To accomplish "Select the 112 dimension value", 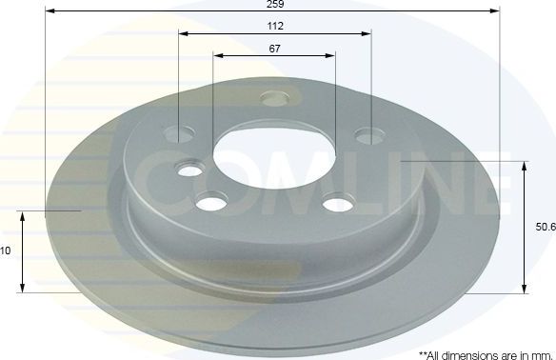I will [x=276, y=26].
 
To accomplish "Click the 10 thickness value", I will [x=6, y=251].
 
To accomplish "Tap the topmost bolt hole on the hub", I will [x=276, y=97].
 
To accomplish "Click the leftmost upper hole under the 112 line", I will [x=179, y=133].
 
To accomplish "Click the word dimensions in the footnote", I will [x=460, y=353].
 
